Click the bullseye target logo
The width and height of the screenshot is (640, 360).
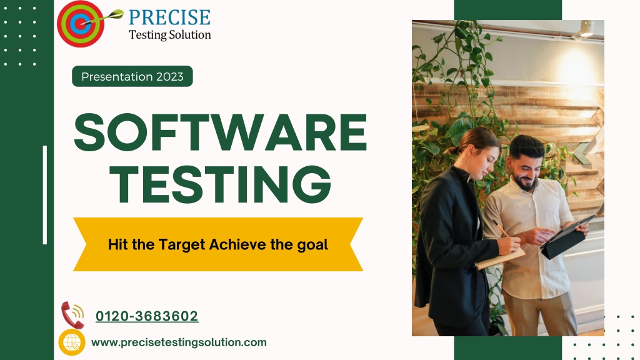(x=81, y=24)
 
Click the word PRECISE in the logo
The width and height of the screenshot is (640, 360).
(x=169, y=17)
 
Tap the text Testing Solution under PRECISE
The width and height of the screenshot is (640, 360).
(x=170, y=35)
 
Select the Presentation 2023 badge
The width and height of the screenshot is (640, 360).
(x=132, y=76)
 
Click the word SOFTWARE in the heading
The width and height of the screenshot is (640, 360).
(x=221, y=132)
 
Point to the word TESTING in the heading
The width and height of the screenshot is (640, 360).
(x=221, y=184)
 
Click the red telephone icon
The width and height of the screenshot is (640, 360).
(x=72, y=315)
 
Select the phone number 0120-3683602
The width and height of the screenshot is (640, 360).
(x=147, y=316)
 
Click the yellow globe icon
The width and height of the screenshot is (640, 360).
(x=72, y=342)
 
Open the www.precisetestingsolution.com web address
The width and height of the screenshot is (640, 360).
(x=179, y=342)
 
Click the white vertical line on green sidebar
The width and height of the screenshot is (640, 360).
(x=45, y=195)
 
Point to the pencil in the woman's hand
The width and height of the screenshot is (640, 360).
(x=502, y=229)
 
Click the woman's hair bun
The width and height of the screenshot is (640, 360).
(x=453, y=150)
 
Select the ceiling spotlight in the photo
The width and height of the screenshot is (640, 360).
(x=586, y=29)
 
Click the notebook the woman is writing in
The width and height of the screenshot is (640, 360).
(x=501, y=258)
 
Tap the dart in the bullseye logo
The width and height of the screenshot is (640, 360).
(x=102, y=17)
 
